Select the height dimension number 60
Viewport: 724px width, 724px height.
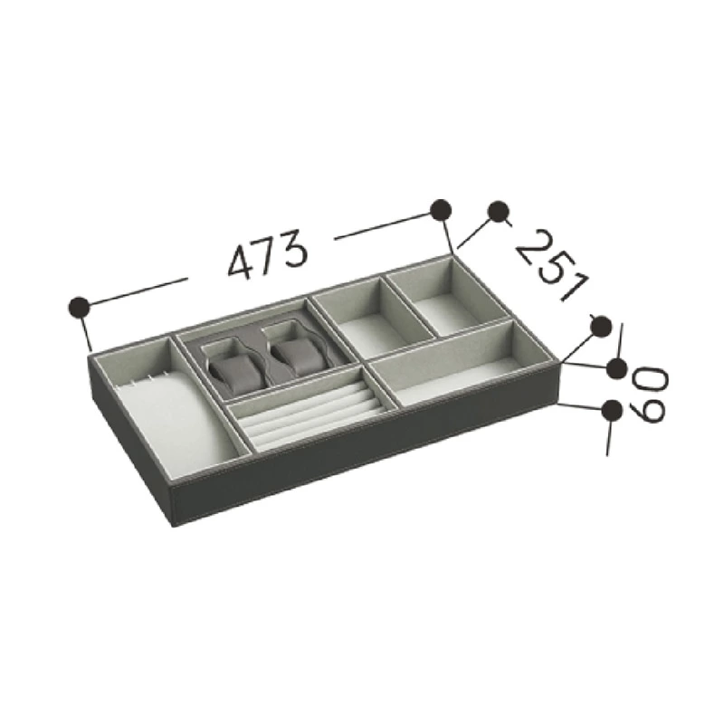click(x=650, y=394)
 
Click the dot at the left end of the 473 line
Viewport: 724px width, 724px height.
click(x=80, y=307)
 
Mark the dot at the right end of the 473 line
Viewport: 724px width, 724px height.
click(x=441, y=210)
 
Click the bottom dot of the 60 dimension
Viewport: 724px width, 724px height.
click(x=613, y=410)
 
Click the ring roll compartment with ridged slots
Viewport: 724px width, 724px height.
click(x=303, y=414)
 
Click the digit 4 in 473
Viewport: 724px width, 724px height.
click(x=240, y=261)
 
